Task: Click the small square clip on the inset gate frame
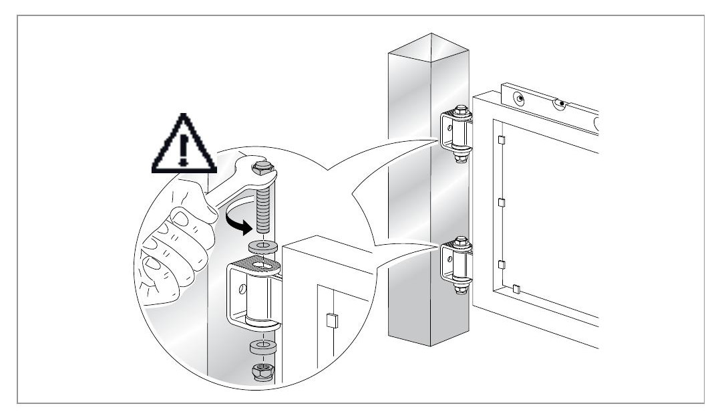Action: click(330, 320)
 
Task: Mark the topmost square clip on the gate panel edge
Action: click(500, 140)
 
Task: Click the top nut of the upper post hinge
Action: click(460, 110)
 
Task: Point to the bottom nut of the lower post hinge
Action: click(460, 289)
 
